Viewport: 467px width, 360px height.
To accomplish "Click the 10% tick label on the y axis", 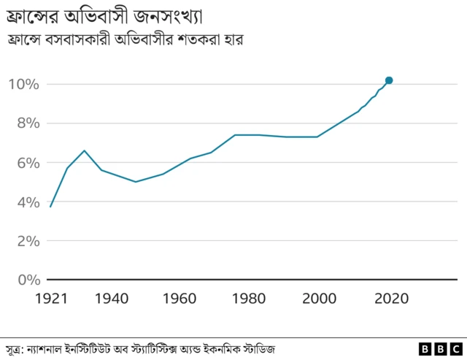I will pyautogui.click(x=24, y=84).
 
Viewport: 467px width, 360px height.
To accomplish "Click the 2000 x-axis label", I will pyautogui.click(x=320, y=299).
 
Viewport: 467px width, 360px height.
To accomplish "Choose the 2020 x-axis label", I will pyautogui.click(x=390, y=299).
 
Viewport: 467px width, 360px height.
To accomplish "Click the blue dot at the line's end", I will pyautogui.click(x=389, y=80).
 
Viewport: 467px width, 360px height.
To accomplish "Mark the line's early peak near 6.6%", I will pyautogui.click(x=85, y=150).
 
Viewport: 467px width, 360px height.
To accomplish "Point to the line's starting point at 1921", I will pyautogui.click(x=50, y=207).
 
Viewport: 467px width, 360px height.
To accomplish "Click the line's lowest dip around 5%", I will pyautogui.click(x=136, y=182).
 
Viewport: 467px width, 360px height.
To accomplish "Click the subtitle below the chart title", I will pyautogui.click(x=124, y=39).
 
